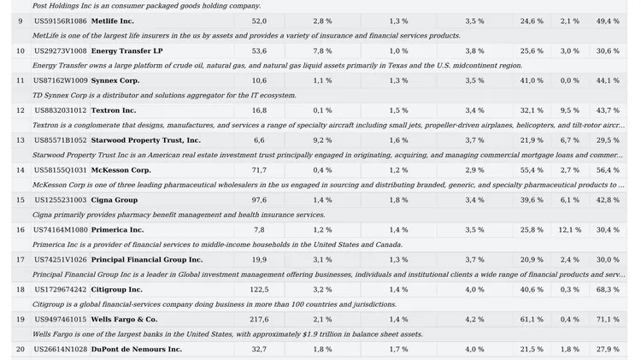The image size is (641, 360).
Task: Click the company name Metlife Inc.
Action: (113, 21)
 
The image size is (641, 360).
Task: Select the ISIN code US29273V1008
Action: (61, 51)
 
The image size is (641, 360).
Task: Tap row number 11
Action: (21, 81)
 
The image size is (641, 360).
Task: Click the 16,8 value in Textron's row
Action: (259, 111)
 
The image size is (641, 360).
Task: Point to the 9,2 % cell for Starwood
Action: (322, 141)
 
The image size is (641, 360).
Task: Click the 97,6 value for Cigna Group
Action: (259, 200)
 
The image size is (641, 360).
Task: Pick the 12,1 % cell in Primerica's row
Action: (570, 230)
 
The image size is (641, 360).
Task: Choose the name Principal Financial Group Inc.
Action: (147, 260)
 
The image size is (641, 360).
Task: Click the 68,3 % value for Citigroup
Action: (608, 290)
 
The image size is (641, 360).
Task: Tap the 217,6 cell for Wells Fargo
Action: (259, 320)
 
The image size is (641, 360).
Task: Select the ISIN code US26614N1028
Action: (61, 350)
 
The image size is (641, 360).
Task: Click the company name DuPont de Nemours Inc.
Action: (137, 350)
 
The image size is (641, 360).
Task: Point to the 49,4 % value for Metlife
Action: (608, 21)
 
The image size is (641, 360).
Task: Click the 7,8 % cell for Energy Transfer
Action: (322, 51)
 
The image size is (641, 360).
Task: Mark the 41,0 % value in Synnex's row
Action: (532, 81)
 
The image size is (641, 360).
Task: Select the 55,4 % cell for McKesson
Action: (532, 170)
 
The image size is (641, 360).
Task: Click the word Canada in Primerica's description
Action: (391, 245)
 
